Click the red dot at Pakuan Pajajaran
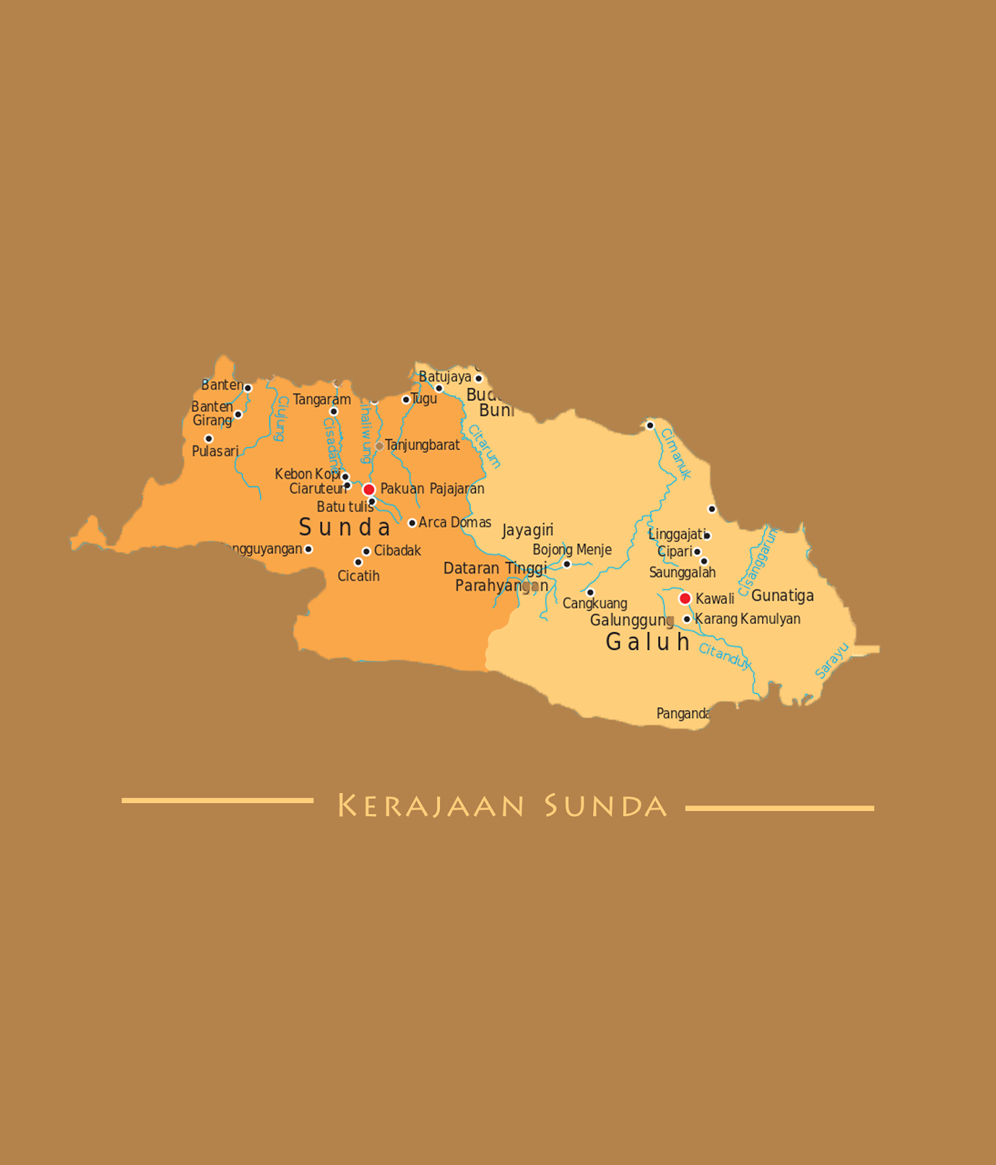(x=369, y=489)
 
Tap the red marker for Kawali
(x=685, y=599)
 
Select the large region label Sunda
(x=345, y=527)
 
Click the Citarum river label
(x=485, y=446)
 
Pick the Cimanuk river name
(x=675, y=454)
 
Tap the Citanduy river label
(x=724, y=655)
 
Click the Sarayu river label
(x=831, y=660)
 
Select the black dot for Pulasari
(x=208, y=438)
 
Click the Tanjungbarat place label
(x=423, y=445)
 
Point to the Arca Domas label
(x=455, y=522)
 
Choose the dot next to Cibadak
(x=366, y=551)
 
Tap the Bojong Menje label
(x=572, y=550)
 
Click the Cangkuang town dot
(x=590, y=593)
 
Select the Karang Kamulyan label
(x=748, y=619)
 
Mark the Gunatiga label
(x=783, y=596)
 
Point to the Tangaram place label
(x=322, y=399)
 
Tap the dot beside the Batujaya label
(x=479, y=379)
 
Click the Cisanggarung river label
(x=758, y=561)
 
